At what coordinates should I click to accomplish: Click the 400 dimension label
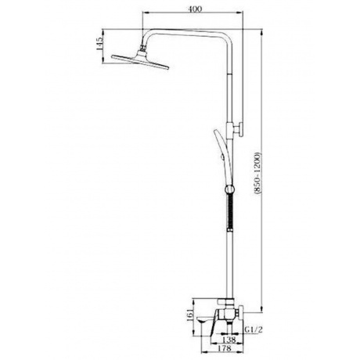click(x=195, y=9)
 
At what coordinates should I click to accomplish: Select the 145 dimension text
click(x=99, y=44)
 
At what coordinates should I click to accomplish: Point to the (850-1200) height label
click(x=257, y=174)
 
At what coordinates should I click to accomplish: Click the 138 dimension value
click(x=229, y=340)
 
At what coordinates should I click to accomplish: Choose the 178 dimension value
click(x=224, y=348)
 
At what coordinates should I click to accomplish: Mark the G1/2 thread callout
click(x=254, y=330)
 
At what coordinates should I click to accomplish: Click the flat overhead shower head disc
click(x=140, y=62)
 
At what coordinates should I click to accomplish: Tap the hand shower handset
click(x=222, y=157)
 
